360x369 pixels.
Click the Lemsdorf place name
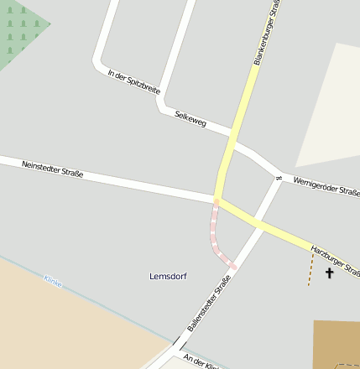168,276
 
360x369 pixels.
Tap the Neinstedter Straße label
52,169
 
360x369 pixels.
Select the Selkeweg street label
190,119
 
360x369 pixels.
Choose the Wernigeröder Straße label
326,185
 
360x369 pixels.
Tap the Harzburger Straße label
335,260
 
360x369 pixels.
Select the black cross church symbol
329,273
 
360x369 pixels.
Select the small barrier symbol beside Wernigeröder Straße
277,177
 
